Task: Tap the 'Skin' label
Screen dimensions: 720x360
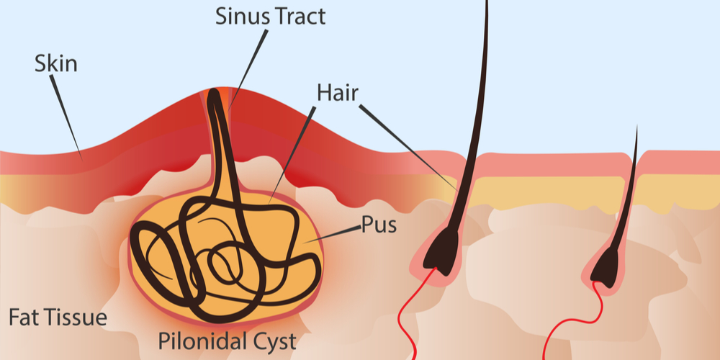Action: click(x=55, y=64)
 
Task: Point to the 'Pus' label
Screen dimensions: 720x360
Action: click(x=379, y=227)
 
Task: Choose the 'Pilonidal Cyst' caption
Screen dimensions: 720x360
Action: click(x=226, y=341)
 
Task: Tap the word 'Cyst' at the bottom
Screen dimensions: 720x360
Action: click(x=274, y=341)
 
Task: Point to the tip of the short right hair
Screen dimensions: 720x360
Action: click(x=636, y=130)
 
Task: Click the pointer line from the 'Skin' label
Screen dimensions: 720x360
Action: click(x=68, y=115)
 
